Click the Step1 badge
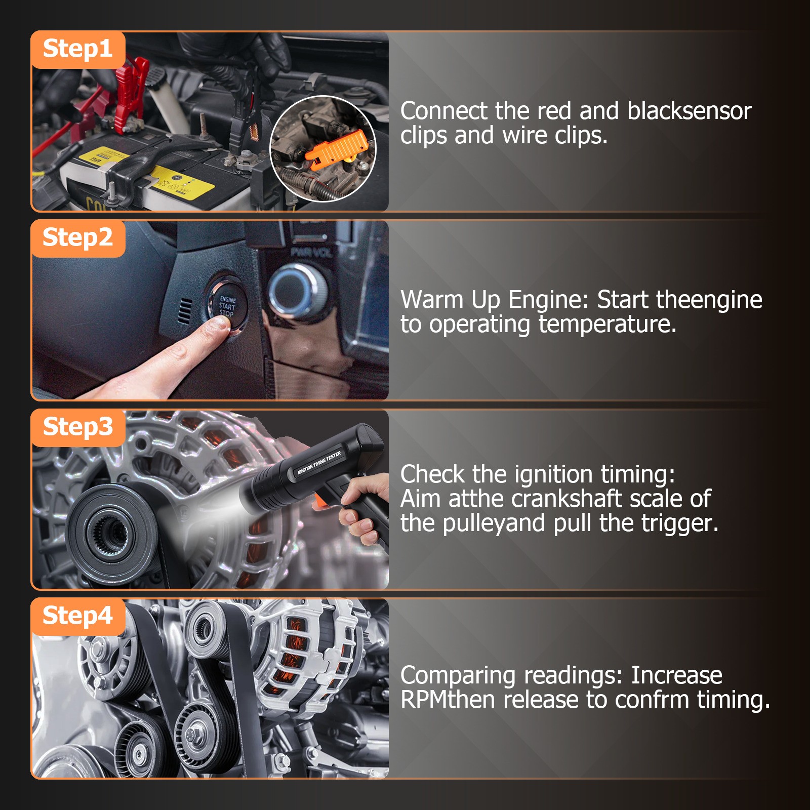click(x=78, y=49)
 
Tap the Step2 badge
click(x=78, y=238)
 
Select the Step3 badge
click(x=78, y=427)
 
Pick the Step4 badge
click(x=78, y=616)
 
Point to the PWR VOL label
click(x=311, y=252)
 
